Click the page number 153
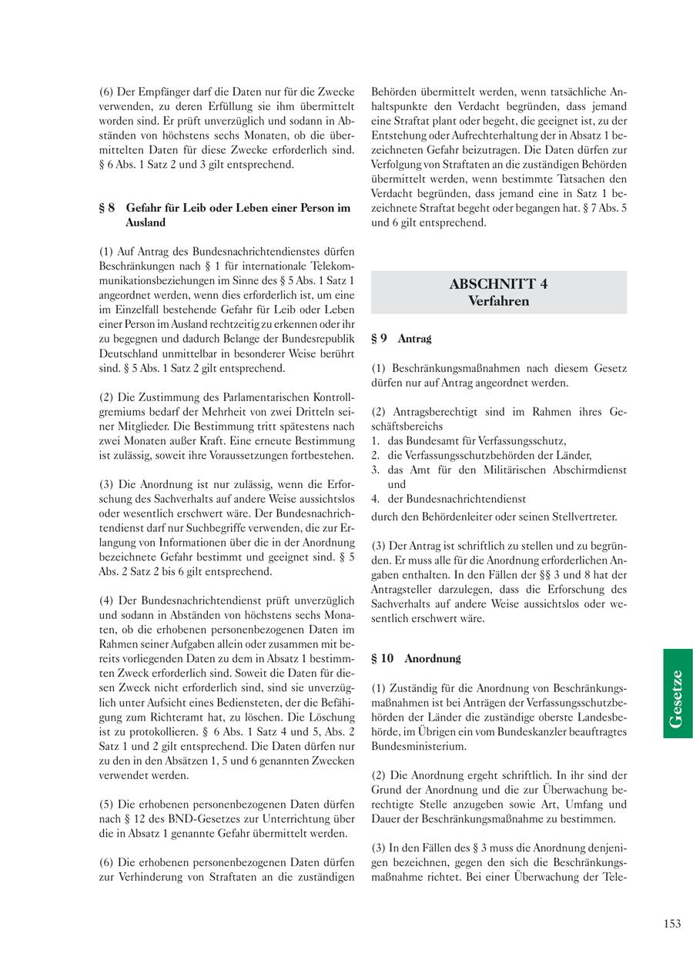tap(671, 924)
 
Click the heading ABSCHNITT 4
tap(498, 284)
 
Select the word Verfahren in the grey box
tap(498, 301)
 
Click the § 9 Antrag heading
tap(401, 339)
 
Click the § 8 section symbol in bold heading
tap(107, 208)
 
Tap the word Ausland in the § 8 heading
tap(146, 222)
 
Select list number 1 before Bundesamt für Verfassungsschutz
tap(375, 440)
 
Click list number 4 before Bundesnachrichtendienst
tap(375, 499)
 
